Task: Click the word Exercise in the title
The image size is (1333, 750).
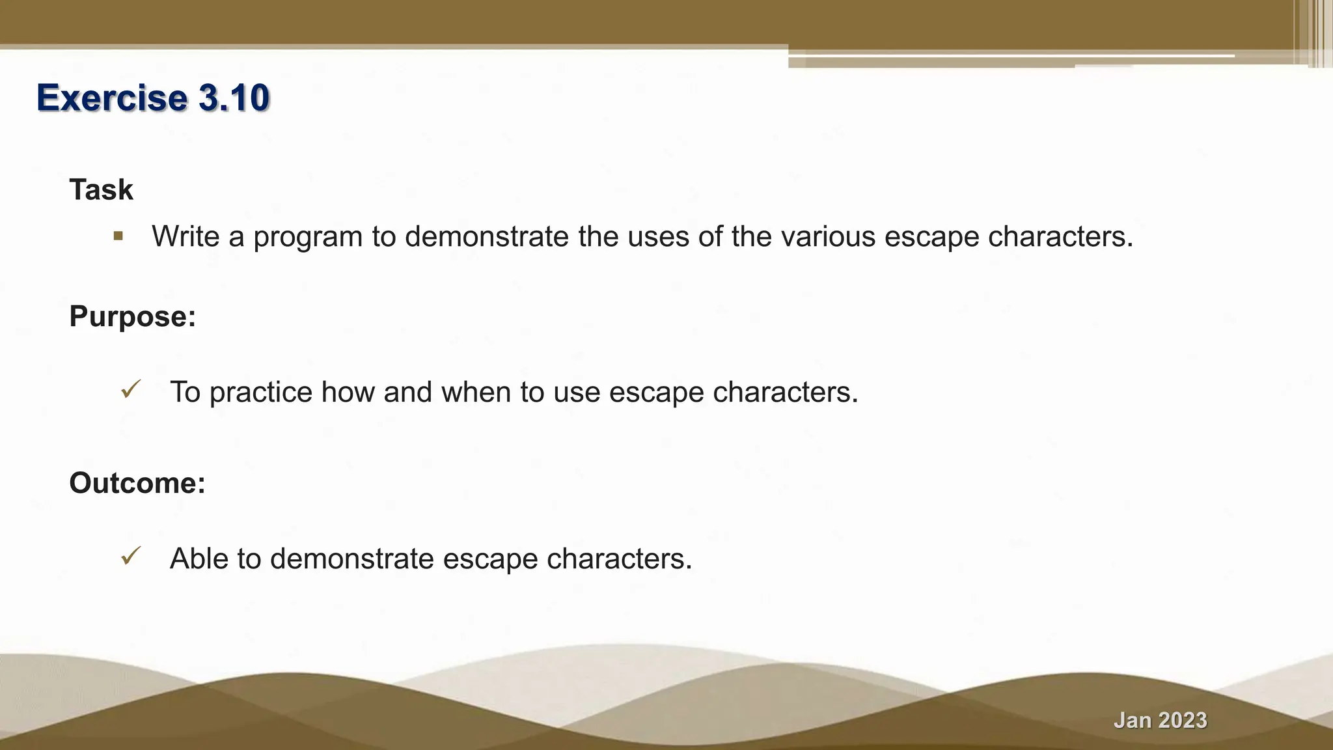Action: (x=112, y=98)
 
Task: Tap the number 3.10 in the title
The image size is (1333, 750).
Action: (x=234, y=98)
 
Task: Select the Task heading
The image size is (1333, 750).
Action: (x=101, y=190)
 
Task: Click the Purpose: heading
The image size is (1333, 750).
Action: (x=132, y=316)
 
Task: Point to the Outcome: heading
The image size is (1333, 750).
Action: (x=137, y=483)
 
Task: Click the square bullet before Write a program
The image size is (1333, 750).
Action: (x=118, y=236)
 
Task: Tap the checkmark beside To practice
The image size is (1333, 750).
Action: (x=131, y=391)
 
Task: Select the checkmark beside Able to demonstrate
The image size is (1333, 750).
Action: (x=131, y=557)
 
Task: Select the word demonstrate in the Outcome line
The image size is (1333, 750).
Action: (x=351, y=559)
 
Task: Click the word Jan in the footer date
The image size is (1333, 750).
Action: (x=1133, y=720)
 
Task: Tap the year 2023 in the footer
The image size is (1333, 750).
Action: (x=1183, y=720)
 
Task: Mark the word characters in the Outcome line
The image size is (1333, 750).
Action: (x=619, y=559)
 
